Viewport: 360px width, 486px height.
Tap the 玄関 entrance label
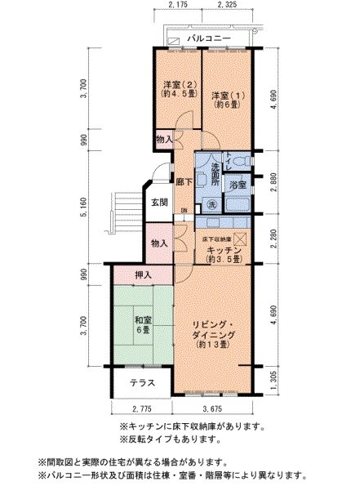[158, 202]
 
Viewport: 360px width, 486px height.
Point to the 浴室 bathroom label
[238, 185]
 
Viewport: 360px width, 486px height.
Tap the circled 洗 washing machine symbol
[211, 203]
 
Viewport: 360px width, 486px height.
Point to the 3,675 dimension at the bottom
[213, 408]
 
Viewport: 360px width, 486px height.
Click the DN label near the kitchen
[184, 212]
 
